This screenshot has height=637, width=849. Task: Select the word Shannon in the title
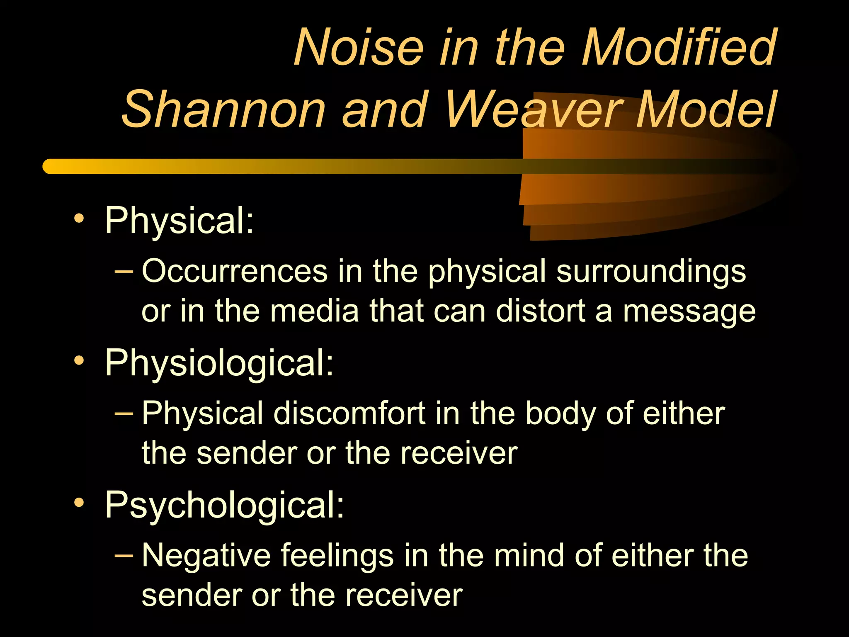pos(224,109)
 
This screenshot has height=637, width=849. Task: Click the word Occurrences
pos(235,271)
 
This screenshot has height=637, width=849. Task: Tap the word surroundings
pos(651,272)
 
